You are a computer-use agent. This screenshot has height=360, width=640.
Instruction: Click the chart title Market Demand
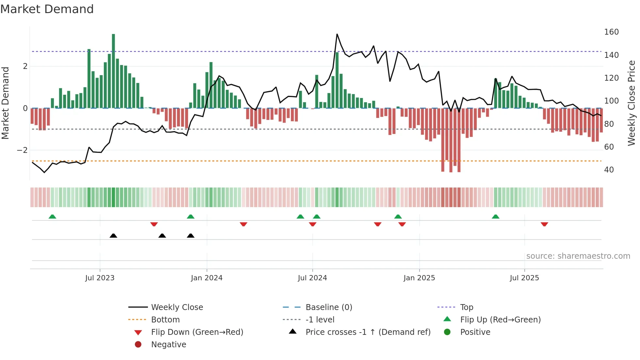pyautogui.click(x=47, y=9)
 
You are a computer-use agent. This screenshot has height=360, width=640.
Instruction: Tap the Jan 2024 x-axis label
pyautogui.click(x=207, y=278)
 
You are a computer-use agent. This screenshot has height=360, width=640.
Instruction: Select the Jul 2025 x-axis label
pyautogui.click(x=524, y=278)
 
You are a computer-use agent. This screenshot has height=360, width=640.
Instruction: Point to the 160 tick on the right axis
pyautogui.click(x=611, y=32)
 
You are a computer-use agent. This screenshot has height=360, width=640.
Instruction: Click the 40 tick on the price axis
pyautogui.click(x=609, y=170)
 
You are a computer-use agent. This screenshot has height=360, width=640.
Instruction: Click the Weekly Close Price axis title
pyautogui.click(x=632, y=103)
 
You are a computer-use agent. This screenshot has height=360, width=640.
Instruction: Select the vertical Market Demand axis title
pyautogui.click(x=5, y=103)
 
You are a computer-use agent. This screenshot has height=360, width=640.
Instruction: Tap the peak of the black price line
pyautogui.click(x=337, y=34)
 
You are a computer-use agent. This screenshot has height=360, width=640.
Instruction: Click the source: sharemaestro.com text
pyautogui.click(x=578, y=256)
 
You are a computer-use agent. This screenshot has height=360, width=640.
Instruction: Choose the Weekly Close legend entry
pyautogui.click(x=177, y=307)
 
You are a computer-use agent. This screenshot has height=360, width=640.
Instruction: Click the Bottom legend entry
pyautogui.click(x=165, y=320)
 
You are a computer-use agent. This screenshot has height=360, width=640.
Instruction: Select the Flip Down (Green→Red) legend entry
pyautogui.click(x=197, y=332)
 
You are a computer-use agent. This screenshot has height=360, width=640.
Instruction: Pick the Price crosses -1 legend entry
pyautogui.click(x=368, y=332)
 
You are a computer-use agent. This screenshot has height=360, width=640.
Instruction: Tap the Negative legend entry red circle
pyautogui.click(x=138, y=345)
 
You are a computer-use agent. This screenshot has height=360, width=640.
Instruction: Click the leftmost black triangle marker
pyautogui.click(x=113, y=236)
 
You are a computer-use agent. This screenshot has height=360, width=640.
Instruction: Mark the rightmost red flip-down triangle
pyautogui.click(x=544, y=224)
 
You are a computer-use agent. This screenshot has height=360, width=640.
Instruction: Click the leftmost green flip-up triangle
pyautogui.click(x=52, y=217)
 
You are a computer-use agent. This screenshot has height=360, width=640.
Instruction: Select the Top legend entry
pyautogui.click(x=467, y=307)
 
